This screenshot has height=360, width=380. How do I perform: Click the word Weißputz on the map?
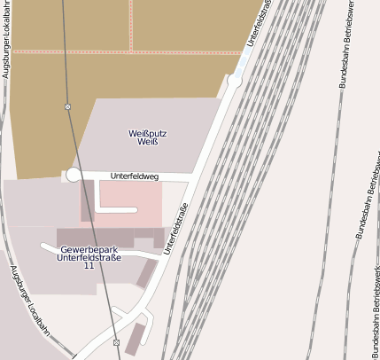(149, 133)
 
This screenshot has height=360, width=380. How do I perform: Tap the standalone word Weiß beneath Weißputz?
(149, 142)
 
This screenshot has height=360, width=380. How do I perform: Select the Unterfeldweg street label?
(133, 176)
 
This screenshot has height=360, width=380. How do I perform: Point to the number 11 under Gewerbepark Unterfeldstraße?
(89, 266)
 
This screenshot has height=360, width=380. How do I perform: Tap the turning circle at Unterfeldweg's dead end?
(74, 175)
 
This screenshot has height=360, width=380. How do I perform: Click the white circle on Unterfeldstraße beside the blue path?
(235, 81)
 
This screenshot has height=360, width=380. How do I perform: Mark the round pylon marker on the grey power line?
(68, 106)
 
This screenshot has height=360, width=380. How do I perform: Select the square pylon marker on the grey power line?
(116, 342)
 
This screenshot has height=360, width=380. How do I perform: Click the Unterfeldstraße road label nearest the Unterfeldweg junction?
(177, 229)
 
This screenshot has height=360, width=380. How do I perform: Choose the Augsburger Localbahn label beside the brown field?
(6, 40)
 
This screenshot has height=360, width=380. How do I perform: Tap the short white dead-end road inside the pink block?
(116, 210)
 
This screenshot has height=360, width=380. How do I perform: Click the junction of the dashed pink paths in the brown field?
(130, 51)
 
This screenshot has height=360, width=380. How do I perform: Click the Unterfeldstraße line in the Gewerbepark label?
(89, 257)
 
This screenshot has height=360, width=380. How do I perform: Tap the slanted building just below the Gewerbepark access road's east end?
(146, 273)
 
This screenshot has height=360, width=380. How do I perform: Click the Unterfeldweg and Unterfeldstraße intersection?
(192, 181)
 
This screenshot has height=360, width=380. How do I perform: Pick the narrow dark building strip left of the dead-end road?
(88, 200)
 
